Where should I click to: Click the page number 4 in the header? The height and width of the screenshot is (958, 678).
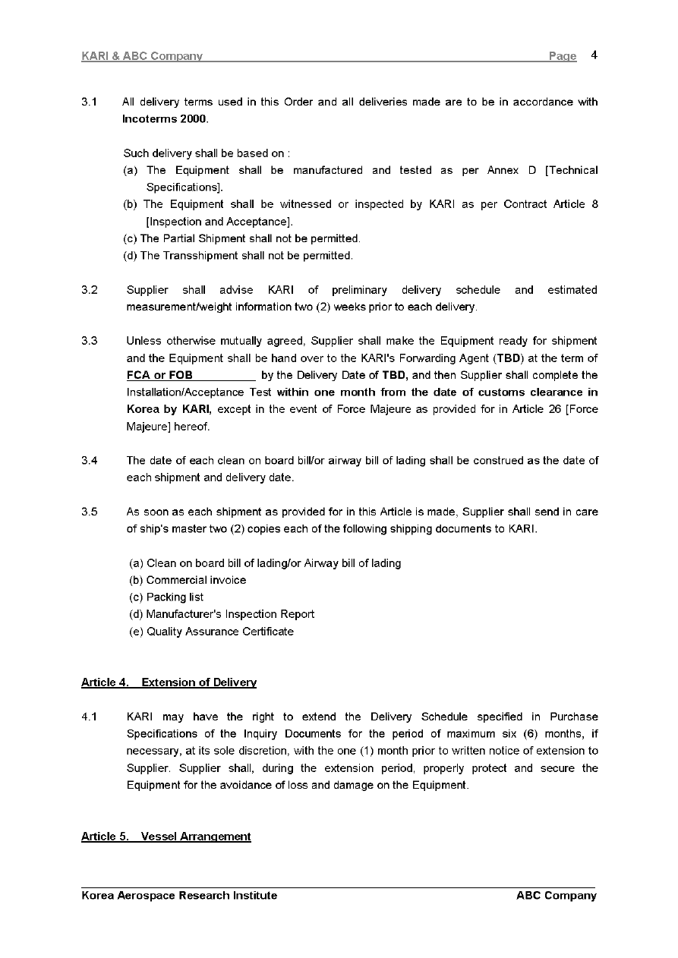[x=594, y=55]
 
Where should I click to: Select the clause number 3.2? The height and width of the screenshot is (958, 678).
[x=90, y=290]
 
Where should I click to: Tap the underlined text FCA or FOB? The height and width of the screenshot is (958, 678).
[x=159, y=375]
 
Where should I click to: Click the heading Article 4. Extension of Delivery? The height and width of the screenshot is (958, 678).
[x=169, y=682]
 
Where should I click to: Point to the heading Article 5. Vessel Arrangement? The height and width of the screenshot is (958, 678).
[x=166, y=837]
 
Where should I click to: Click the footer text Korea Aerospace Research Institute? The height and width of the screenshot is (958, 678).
[x=179, y=896]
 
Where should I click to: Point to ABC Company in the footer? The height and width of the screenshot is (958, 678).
[x=556, y=896]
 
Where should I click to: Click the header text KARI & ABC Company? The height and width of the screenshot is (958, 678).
[x=141, y=56]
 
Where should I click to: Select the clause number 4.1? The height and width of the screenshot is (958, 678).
[x=90, y=717]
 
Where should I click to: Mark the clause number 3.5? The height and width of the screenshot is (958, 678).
[x=90, y=512]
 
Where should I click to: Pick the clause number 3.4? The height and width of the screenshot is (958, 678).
[x=90, y=461]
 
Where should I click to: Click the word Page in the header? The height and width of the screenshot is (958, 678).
[x=562, y=56]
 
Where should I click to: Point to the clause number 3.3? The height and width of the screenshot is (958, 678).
[x=90, y=341]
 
